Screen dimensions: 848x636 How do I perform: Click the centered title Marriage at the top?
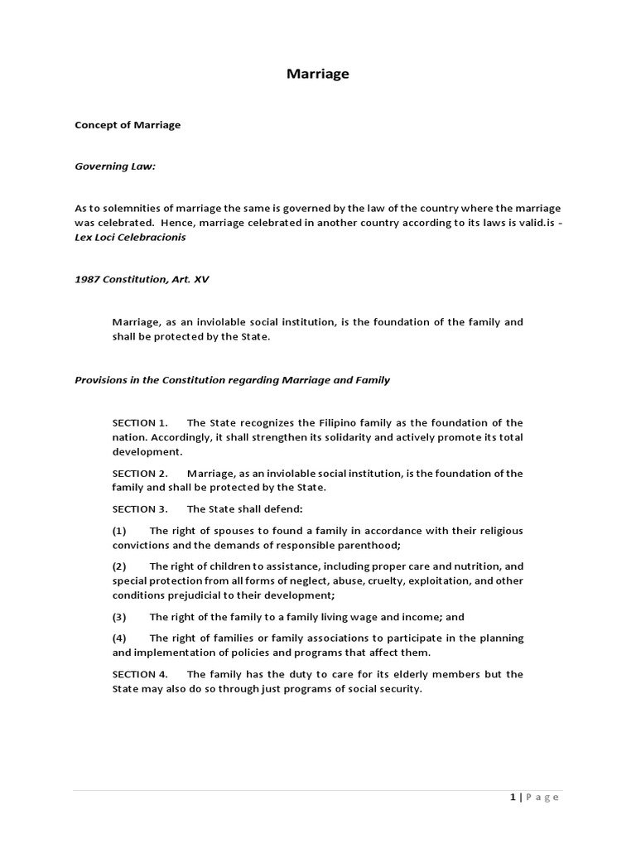coord(318,74)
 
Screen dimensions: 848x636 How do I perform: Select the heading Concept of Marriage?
coord(128,125)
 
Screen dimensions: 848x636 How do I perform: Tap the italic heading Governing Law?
coord(115,166)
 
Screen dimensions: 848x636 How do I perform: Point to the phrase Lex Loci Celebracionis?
coord(131,237)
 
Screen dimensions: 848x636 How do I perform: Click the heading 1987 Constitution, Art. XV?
coord(142,279)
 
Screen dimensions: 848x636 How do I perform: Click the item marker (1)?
coord(120,531)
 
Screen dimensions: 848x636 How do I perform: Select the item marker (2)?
coord(120,566)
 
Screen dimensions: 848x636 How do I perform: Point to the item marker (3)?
coord(120,617)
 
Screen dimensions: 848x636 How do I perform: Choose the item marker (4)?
coord(120,638)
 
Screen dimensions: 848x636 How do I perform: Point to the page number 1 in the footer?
coord(513,797)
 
